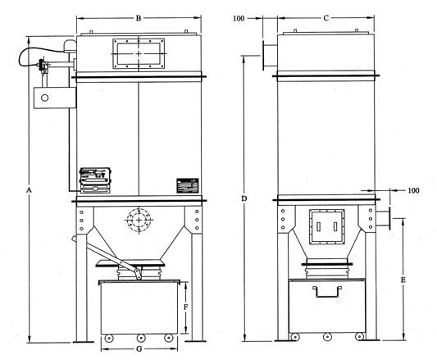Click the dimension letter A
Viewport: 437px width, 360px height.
(x=29, y=190)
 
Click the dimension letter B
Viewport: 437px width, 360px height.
(x=139, y=18)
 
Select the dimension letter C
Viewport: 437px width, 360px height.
(x=325, y=18)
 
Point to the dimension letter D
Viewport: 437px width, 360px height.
(x=244, y=198)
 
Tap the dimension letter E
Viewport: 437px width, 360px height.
(x=403, y=280)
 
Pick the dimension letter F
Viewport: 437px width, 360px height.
(x=185, y=307)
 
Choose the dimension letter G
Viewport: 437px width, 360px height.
(x=139, y=349)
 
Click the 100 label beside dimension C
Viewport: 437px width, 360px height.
(x=239, y=19)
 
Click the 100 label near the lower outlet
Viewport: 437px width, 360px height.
(x=413, y=190)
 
